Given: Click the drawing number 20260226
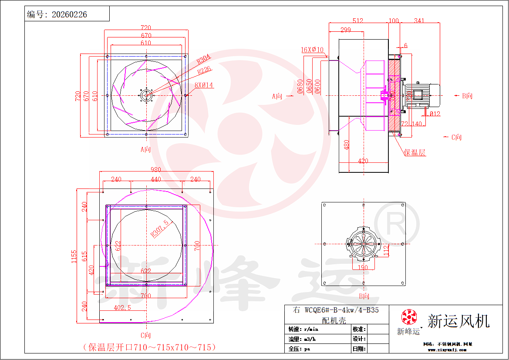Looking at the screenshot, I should (69, 14).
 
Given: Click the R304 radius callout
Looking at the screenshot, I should (203, 59).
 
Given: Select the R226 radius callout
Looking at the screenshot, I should (204, 70).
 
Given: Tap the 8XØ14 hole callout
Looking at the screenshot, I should (204, 85).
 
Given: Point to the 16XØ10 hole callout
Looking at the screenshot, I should (312, 50).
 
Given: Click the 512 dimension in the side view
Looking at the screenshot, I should (358, 20).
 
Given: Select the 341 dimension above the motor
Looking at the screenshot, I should (419, 20).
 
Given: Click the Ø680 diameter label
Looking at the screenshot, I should (300, 86).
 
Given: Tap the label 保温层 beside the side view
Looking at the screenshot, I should (415, 152).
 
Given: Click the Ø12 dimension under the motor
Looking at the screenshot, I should (434, 114).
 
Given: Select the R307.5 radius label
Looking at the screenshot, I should (159, 228).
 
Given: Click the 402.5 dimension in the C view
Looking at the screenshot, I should (123, 307).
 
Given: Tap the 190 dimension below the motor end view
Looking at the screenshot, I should (363, 267).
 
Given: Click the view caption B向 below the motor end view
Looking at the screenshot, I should (364, 296).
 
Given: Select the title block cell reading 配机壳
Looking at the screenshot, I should (334, 320).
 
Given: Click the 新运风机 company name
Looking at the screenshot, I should (458, 321).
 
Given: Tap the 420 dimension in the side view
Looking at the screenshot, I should (363, 161).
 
